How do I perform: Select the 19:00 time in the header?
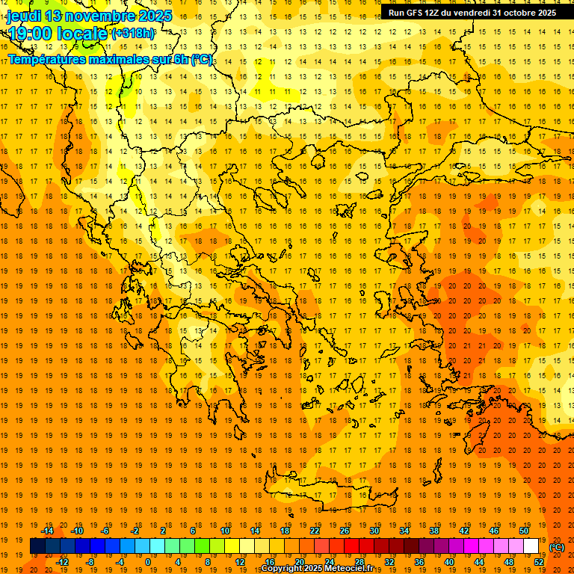pos(29,33)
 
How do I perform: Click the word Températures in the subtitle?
pos(49,59)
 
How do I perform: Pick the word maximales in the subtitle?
pos(123,59)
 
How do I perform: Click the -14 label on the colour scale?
pos(47,531)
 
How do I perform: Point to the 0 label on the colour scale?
pos(147,562)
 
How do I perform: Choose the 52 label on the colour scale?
pos(539,562)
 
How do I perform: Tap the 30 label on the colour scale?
pos(374,531)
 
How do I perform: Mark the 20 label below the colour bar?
pos(299,562)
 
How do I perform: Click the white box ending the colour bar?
pos(531,546)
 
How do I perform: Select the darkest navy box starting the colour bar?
pos(37,546)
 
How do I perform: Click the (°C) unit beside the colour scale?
pos(557,547)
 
